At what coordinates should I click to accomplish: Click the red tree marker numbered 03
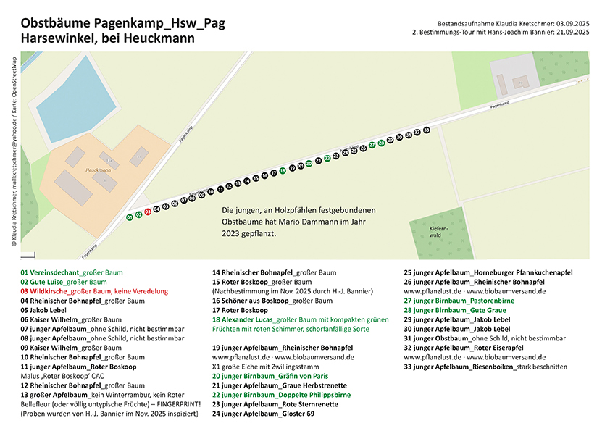coord(148,212)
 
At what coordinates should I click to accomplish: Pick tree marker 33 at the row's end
coord(427,130)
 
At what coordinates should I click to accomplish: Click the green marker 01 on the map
coord(130,217)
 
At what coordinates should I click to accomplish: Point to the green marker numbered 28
coord(381,143)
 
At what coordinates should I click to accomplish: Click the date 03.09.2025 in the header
coord(572,24)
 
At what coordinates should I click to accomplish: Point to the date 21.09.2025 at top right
coord(572,33)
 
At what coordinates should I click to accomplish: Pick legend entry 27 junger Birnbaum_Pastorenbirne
coord(449,301)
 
